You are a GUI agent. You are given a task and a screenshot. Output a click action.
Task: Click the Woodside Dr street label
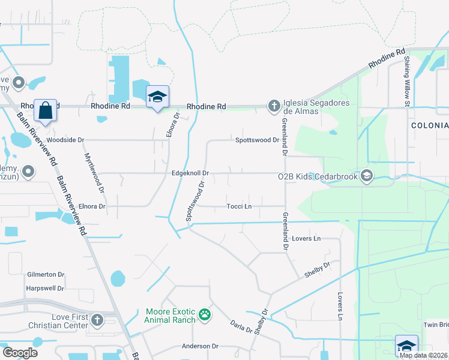pyautogui.click(x=65, y=140)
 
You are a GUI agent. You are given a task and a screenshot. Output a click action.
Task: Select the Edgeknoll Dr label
pyautogui.click(x=190, y=173)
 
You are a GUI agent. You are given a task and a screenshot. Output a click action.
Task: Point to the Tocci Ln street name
pyautogui.click(x=238, y=206)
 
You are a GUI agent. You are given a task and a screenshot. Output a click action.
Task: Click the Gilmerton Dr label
pyautogui.click(x=45, y=274)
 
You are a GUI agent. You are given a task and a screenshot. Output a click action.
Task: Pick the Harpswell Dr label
pyautogui.click(x=45, y=288)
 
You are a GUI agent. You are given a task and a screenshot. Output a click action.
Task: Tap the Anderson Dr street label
pyautogui.click(x=200, y=346)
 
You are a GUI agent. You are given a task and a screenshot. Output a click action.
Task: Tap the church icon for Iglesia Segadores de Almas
pyautogui.click(x=274, y=106)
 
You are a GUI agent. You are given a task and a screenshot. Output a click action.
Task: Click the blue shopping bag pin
pyautogui.click(x=45, y=110)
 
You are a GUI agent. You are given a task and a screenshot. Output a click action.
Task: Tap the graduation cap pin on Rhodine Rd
pyautogui.click(x=157, y=97)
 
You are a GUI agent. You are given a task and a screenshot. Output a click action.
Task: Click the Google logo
pyautogui.click(x=20, y=352)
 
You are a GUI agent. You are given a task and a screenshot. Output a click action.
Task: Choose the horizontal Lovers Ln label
pyautogui.click(x=308, y=239)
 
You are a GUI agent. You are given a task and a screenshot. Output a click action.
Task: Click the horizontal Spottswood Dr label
pyautogui.click(x=257, y=140)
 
